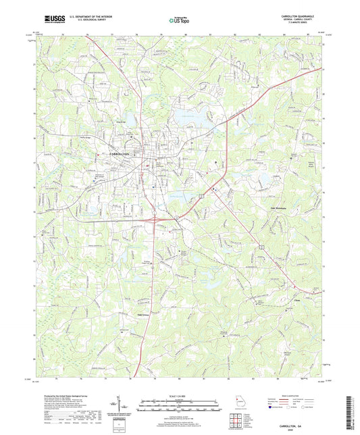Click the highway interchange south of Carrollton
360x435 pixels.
click(155, 219)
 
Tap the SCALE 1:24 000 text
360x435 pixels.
click(180, 394)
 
